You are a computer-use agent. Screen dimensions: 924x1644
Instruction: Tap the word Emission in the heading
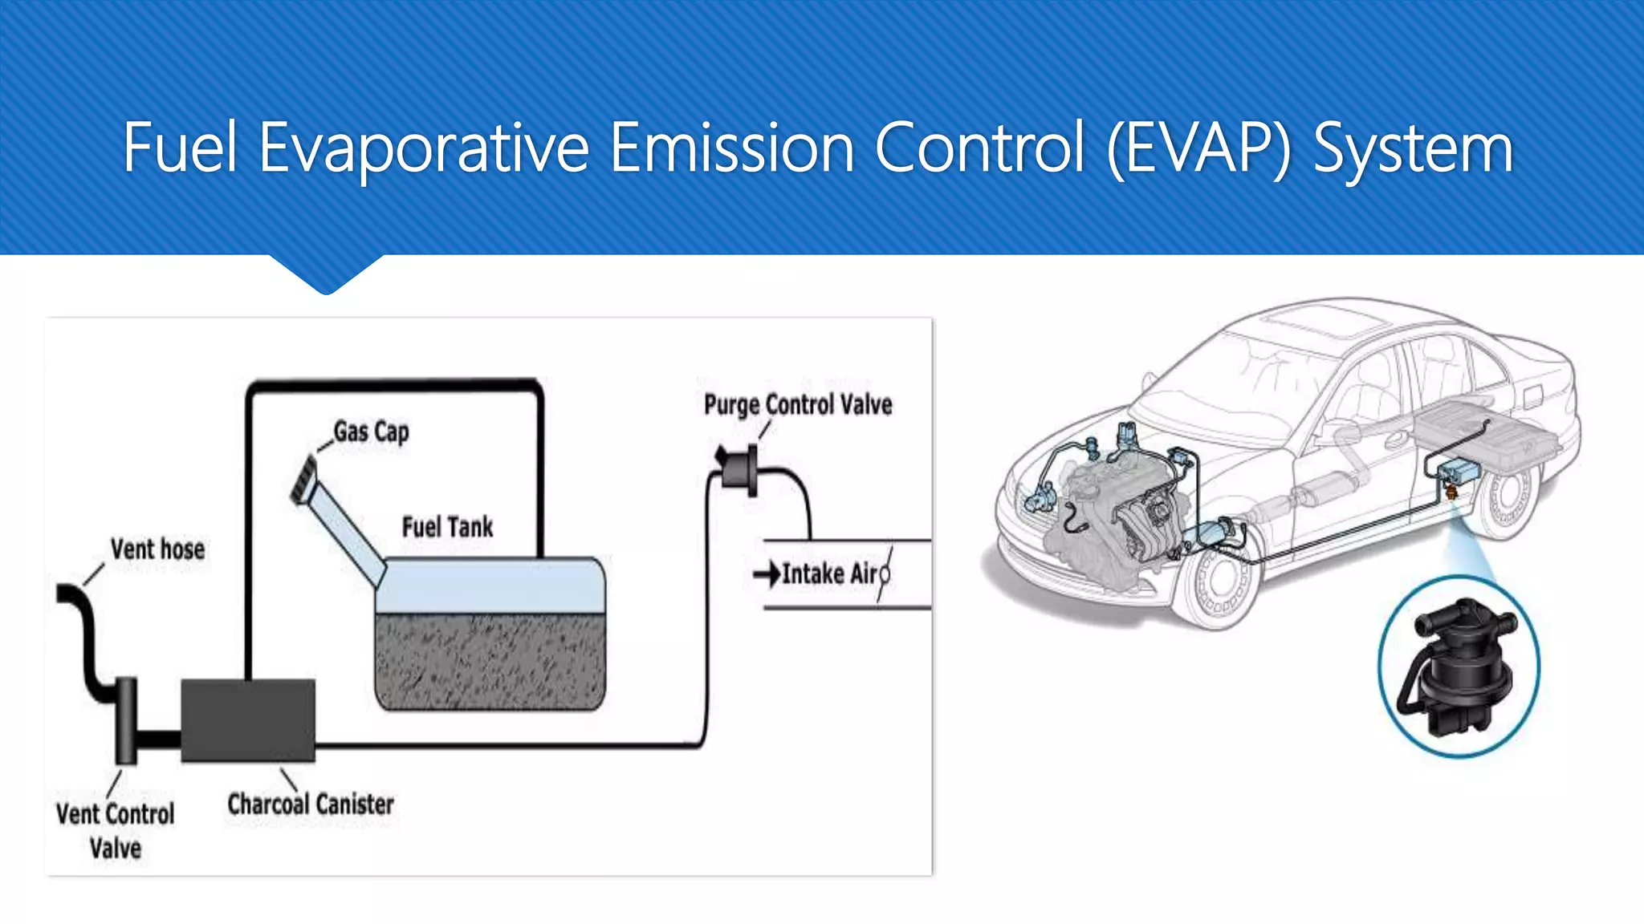pyautogui.click(x=731, y=148)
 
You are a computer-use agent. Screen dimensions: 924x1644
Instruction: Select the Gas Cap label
pyautogui.click(x=371, y=432)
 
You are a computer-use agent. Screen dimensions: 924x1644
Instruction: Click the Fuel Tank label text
pyautogui.click(x=447, y=527)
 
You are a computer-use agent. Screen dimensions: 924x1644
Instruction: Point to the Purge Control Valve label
pyautogui.click(x=797, y=404)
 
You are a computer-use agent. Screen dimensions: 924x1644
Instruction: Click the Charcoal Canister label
pyautogui.click(x=311, y=804)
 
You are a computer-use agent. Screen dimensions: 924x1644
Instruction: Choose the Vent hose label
pyautogui.click(x=157, y=549)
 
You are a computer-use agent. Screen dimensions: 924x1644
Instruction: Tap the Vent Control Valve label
pyautogui.click(x=115, y=830)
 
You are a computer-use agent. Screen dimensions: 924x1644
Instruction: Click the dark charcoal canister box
pyautogui.click(x=248, y=720)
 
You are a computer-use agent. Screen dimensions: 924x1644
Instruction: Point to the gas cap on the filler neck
pyautogui.click(x=303, y=480)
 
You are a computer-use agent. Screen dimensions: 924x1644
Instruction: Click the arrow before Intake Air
pyautogui.click(x=766, y=573)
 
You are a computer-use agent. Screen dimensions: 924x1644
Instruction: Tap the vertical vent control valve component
pyautogui.click(x=126, y=719)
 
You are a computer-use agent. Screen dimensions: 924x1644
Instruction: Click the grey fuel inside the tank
pyautogui.click(x=490, y=662)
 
